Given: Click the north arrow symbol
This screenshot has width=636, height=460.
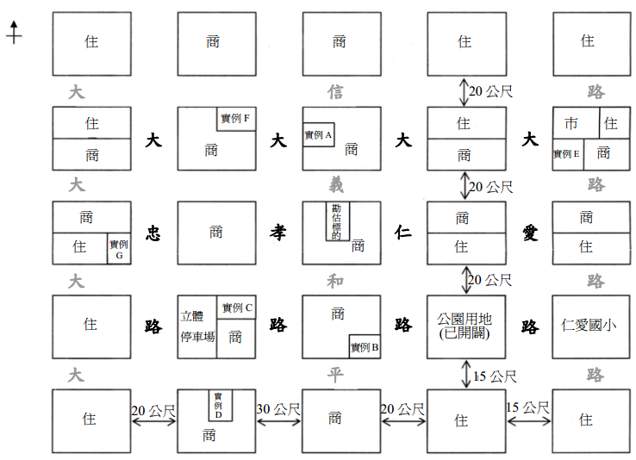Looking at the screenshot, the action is (14, 33).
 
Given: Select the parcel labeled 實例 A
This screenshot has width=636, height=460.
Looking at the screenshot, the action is (318, 134).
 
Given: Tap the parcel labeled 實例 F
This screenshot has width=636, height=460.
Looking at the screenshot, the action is (236, 119).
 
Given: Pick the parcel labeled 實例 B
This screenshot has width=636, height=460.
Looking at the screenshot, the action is (365, 346).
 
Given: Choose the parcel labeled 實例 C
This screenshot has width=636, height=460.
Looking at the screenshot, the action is (236, 308).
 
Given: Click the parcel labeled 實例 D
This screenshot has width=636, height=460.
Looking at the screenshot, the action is (221, 405).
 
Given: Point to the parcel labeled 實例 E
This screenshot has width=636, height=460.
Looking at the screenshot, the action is (568, 154).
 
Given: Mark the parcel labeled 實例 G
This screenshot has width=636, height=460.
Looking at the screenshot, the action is (119, 248).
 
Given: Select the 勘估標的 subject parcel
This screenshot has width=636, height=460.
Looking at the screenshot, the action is (338, 221).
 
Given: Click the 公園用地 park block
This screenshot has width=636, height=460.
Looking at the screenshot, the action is (466, 326).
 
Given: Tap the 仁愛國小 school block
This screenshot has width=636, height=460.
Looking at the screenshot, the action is (591, 326).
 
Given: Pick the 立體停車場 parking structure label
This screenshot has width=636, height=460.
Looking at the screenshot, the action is (197, 326).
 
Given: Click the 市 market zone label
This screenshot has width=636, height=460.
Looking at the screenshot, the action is (571, 123).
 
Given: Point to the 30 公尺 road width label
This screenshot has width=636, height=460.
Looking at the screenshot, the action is (278, 409).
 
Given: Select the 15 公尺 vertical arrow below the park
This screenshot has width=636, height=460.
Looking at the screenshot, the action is (466, 374).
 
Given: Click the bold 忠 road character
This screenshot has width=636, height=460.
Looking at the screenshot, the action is (153, 233).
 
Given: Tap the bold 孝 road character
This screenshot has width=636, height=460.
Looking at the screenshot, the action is (278, 233).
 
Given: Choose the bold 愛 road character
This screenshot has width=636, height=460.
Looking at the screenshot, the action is (530, 233).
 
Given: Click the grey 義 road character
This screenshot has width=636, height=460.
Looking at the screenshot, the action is (336, 185).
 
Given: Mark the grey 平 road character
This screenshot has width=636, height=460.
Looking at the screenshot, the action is (335, 375).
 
